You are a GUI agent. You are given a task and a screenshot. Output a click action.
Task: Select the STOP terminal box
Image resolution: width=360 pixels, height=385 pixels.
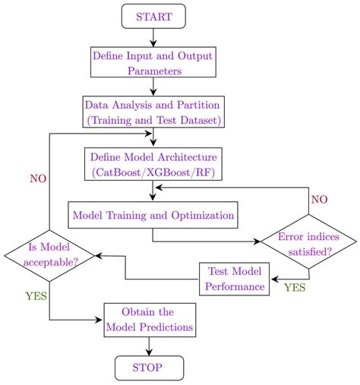[x=149, y=369]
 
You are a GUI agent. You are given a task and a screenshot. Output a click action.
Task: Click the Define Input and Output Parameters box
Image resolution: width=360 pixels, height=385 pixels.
[x=153, y=63]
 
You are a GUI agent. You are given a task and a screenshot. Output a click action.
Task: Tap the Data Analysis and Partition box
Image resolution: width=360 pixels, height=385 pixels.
[x=154, y=112]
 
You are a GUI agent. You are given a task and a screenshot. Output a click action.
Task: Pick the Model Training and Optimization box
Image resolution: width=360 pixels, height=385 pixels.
[x=153, y=215]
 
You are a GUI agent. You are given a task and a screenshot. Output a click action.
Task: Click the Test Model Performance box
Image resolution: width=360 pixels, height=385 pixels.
[x=235, y=279]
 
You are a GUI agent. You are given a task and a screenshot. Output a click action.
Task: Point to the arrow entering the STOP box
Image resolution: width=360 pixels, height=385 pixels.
[x=149, y=348]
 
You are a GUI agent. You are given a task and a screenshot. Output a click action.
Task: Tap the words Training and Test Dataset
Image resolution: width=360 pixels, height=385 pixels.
[x=154, y=119]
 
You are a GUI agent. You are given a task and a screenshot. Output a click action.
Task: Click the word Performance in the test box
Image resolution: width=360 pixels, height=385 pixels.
[x=235, y=287]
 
